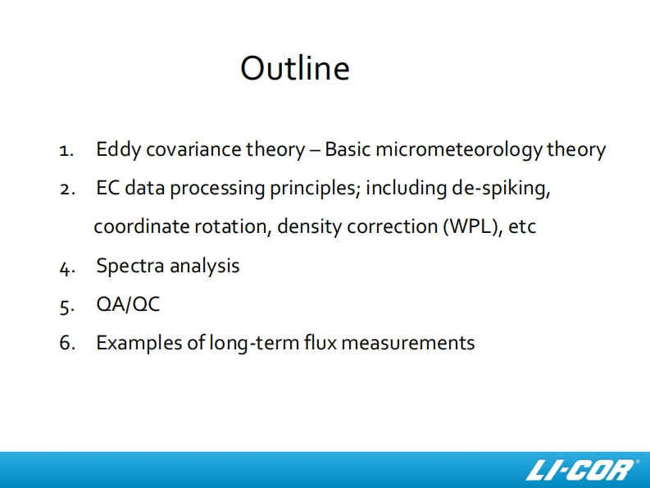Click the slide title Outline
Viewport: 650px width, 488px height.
[295, 68]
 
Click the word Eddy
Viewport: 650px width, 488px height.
[119, 150]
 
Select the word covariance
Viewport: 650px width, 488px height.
[193, 149]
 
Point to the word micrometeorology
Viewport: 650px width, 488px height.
[459, 150]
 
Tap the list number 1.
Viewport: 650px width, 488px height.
[66, 151]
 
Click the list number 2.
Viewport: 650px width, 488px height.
[67, 189]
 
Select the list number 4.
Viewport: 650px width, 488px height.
[67, 268]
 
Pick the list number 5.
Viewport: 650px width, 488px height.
[67, 307]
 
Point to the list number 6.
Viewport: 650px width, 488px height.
[67, 343]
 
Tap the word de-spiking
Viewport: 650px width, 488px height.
[501, 189]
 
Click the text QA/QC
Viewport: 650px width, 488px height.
[128, 304]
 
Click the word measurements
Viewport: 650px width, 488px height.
[408, 344]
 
